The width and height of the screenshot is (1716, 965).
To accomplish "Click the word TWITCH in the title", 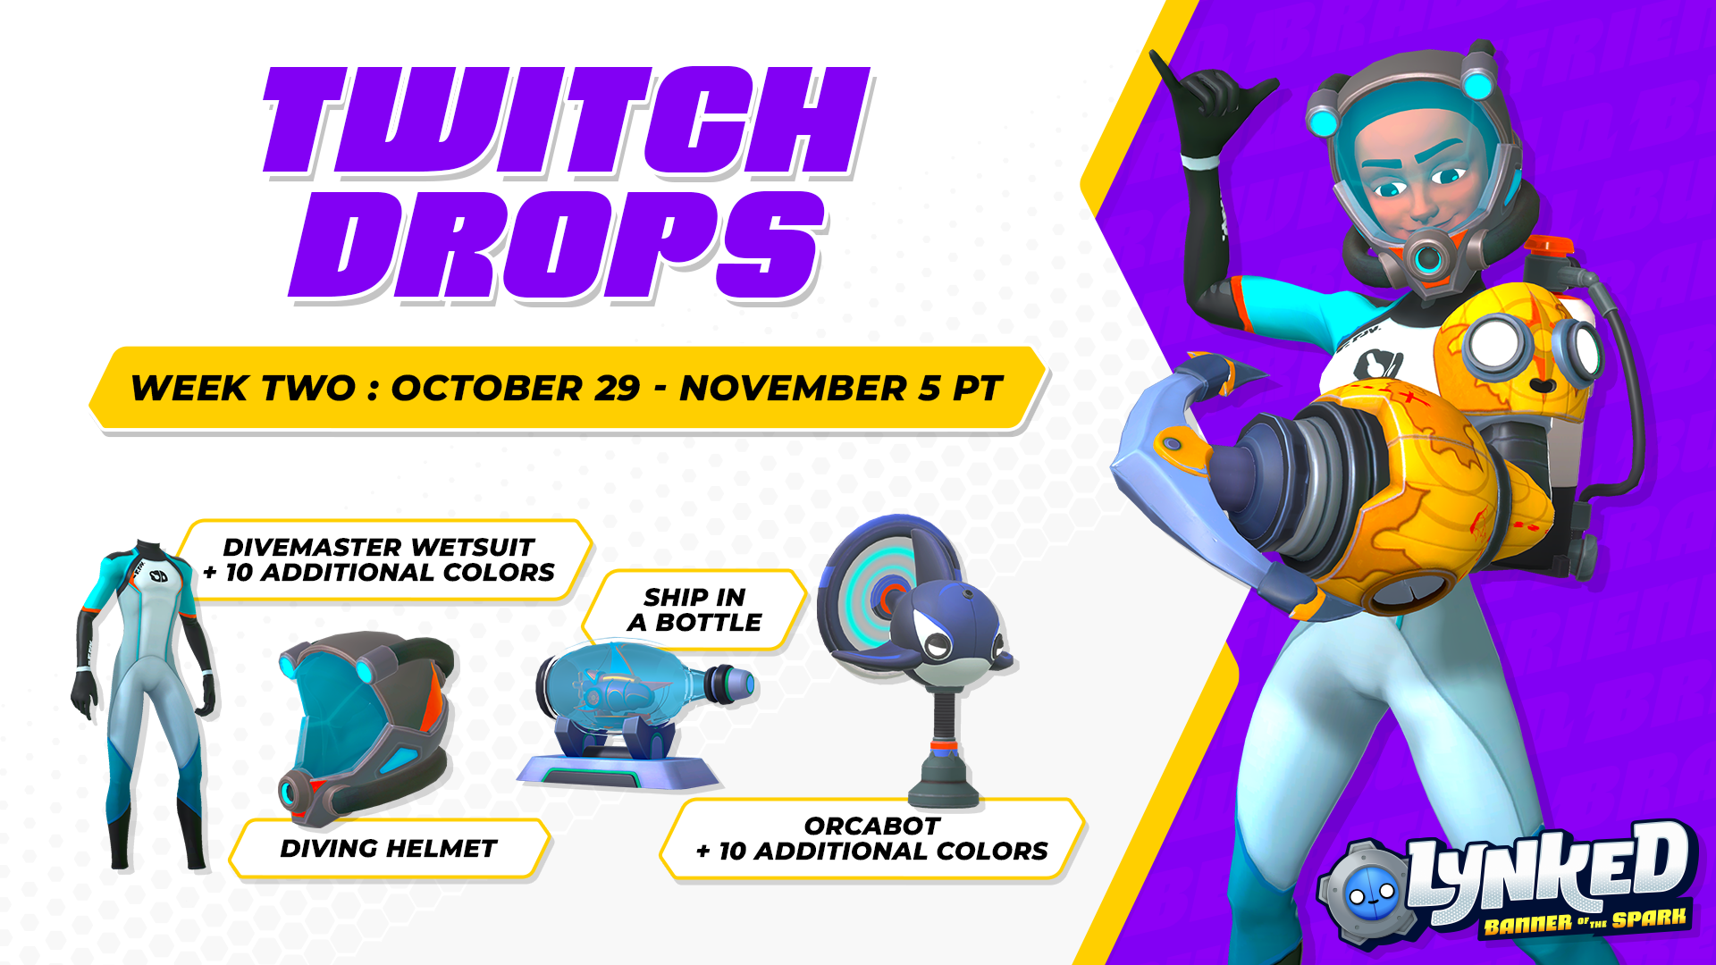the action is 567,120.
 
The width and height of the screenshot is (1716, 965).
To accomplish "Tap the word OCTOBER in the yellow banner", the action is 516,388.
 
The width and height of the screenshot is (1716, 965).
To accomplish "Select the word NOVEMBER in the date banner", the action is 793,388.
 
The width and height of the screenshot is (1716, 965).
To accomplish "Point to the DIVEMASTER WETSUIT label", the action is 378,547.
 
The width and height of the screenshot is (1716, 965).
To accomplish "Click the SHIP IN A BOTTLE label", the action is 694,609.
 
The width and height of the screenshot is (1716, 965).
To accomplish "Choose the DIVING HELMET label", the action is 388,848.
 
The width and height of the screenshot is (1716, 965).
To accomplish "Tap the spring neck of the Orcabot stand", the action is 943,716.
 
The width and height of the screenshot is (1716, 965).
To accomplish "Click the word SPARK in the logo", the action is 1648,917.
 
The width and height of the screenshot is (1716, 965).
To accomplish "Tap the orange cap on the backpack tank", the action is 1549,246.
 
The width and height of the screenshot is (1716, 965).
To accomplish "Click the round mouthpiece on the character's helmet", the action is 1427,257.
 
